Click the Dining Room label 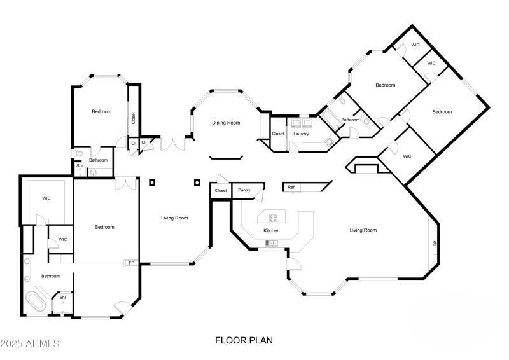point(226,123)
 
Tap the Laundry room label point(301,134)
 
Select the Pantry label point(244,190)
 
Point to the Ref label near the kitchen point(291,187)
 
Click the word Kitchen point(272,230)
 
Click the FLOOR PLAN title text point(244,340)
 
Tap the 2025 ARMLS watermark point(30,344)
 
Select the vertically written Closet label point(134,118)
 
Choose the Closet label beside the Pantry point(220,190)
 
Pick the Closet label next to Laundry point(278,134)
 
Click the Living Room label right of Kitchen point(363,230)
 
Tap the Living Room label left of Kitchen point(174,218)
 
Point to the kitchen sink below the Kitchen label point(272,243)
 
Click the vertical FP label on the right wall point(435,244)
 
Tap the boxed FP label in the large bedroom point(132,263)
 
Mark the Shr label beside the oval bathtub point(63,297)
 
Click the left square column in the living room point(152,183)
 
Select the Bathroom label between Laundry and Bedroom point(351,120)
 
